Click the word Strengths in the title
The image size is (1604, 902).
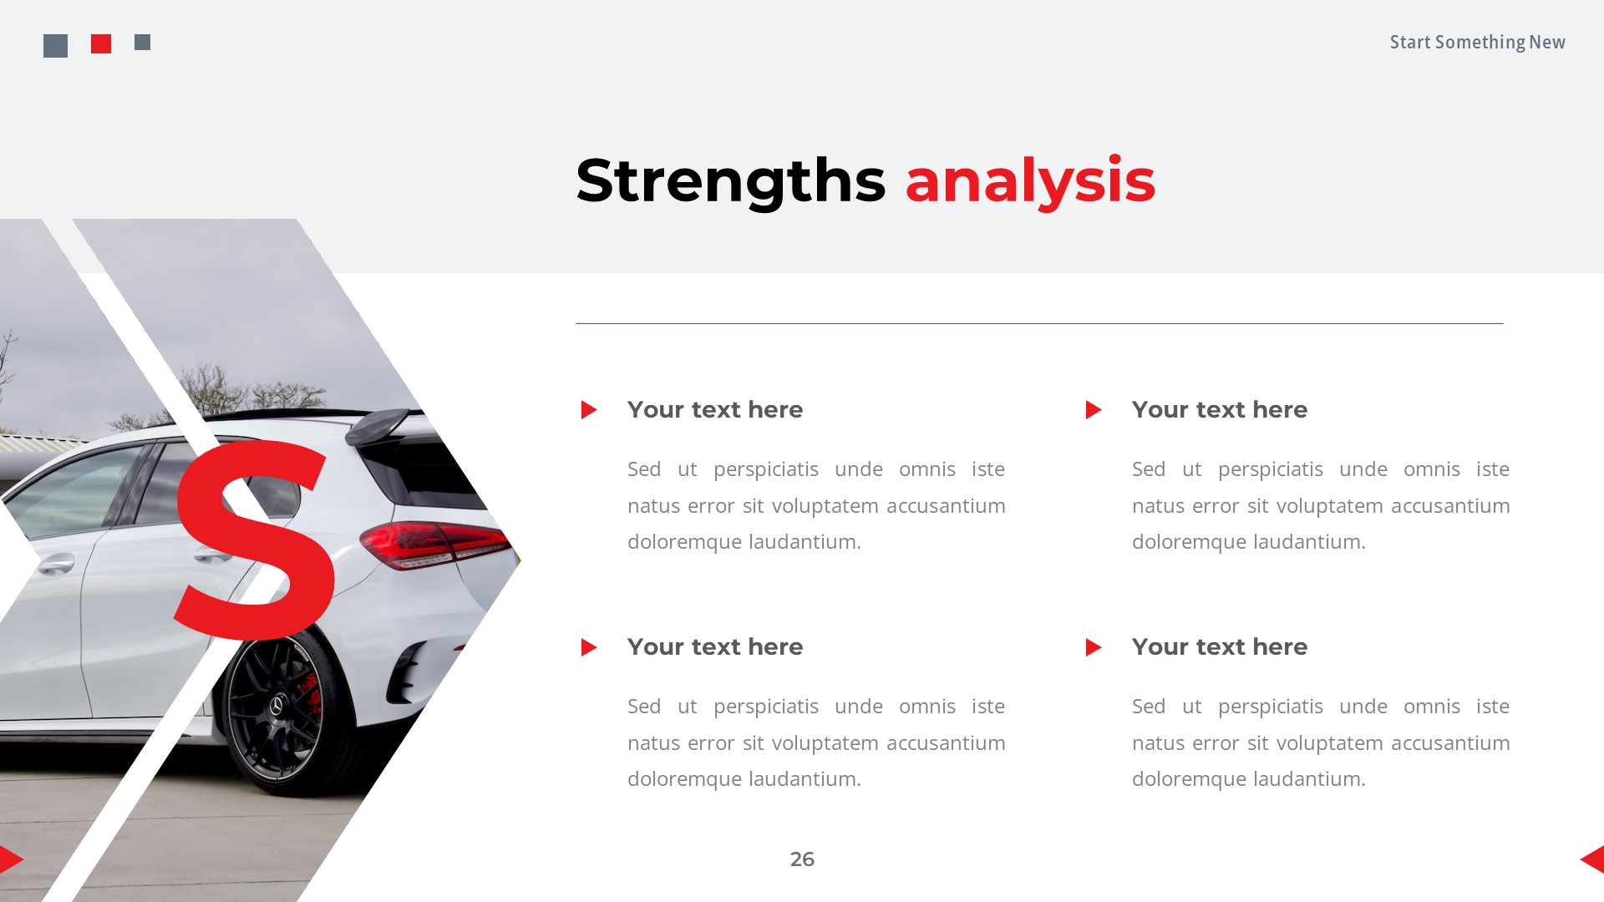pos(730,180)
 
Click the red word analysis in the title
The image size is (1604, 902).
pos(1030,180)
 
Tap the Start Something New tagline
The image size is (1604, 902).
pos(1477,43)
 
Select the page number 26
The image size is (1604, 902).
pos(802,859)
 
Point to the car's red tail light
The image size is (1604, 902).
pos(434,544)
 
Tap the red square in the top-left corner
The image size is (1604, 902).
pos(101,44)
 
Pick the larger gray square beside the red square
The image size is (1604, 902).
pos(55,46)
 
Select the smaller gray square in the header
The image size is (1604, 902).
pos(143,42)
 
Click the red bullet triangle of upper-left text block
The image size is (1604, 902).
pos(588,410)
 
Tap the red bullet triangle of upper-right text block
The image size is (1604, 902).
pos(1093,410)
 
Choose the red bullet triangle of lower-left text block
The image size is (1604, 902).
pos(588,647)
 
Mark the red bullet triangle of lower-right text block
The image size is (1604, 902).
pos(1093,647)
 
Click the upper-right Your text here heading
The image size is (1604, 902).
pos(1220,410)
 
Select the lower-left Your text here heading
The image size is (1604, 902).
pos(715,647)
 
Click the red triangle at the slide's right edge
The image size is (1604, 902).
pos(1593,859)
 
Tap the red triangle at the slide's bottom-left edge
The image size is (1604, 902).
pos(10,859)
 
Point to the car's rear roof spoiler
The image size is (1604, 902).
pos(380,426)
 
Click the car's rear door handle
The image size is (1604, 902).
pos(216,555)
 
